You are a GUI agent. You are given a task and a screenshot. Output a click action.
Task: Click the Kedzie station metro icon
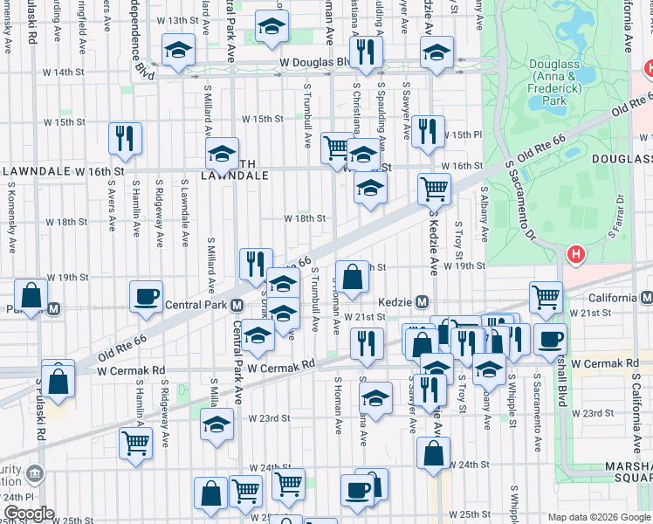(422, 301)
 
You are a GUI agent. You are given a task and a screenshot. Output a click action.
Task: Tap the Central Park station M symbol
(237, 306)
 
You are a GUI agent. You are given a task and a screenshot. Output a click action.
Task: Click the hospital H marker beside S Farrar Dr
(575, 255)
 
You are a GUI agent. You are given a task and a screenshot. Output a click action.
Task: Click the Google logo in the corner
(28, 514)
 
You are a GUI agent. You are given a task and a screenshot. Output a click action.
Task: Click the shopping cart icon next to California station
(546, 296)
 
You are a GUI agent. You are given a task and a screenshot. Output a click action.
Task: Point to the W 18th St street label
(306, 218)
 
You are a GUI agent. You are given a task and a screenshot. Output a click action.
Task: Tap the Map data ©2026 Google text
(599, 517)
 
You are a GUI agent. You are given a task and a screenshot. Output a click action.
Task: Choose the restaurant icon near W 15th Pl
(428, 131)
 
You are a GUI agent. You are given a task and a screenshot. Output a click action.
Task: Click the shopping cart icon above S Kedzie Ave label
(434, 188)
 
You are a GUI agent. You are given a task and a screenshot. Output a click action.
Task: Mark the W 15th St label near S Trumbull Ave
(263, 119)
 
